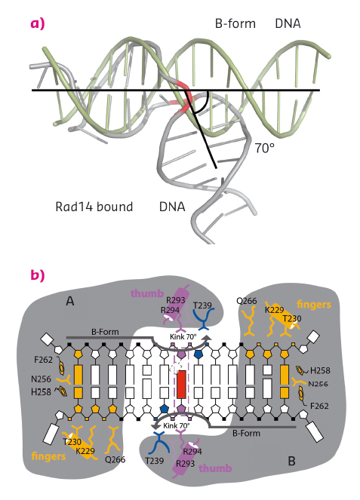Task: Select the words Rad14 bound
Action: coord(94,206)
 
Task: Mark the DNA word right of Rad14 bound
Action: coord(174,206)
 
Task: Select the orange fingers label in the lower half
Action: coord(45,457)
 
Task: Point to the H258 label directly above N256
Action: coord(321,370)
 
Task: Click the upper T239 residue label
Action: coord(203,305)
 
